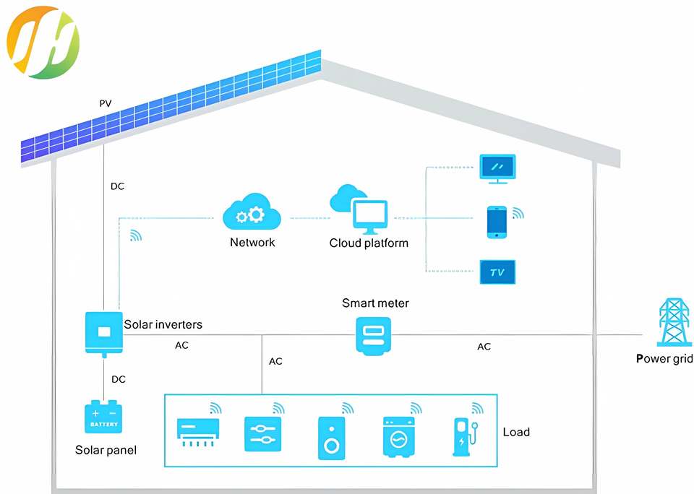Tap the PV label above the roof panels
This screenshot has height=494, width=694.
point(106,103)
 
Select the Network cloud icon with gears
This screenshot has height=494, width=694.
point(252,212)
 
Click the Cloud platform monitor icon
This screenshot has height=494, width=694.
point(369,216)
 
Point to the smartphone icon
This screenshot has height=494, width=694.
point(497,222)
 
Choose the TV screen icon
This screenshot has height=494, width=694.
point(497,272)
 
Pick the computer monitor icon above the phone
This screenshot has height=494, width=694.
point(497,168)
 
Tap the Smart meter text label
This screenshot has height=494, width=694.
point(375,303)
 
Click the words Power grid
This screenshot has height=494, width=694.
point(664,358)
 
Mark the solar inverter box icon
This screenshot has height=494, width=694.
point(103,332)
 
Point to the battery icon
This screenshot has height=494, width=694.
point(103,417)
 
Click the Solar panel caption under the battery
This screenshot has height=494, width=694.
point(106,450)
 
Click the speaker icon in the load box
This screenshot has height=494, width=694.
point(331,438)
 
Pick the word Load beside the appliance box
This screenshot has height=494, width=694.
point(516,432)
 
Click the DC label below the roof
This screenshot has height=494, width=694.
point(117,186)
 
